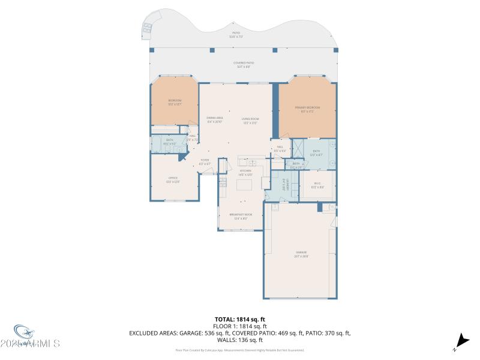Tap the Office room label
(x=173, y=180)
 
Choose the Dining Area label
(x=215, y=119)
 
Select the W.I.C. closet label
(x=317, y=185)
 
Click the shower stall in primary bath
(x=296, y=147)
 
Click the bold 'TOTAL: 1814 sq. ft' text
(x=240, y=319)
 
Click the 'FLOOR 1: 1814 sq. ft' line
(x=240, y=326)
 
